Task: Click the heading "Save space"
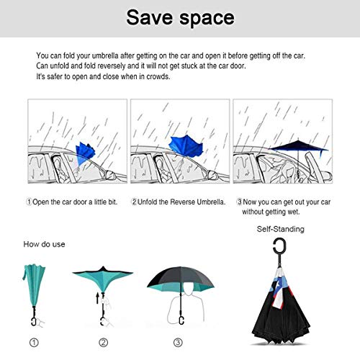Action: (x=180, y=18)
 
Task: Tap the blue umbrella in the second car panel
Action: (x=186, y=145)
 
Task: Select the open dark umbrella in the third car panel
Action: (x=299, y=147)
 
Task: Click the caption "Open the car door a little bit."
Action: (x=75, y=202)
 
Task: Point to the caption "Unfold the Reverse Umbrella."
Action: (x=181, y=202)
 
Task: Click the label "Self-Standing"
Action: (x=280, y=229)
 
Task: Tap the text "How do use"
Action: (x=44, y=244)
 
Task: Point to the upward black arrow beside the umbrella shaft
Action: (x=97, y=297)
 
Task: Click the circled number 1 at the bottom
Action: (x=34, y=343)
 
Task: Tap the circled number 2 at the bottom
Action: (x=104, y=343)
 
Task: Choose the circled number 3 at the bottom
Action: (x=178, y=343)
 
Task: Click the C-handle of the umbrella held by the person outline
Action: (x=181, y=320)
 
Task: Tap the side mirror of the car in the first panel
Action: (x=110, y=175)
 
